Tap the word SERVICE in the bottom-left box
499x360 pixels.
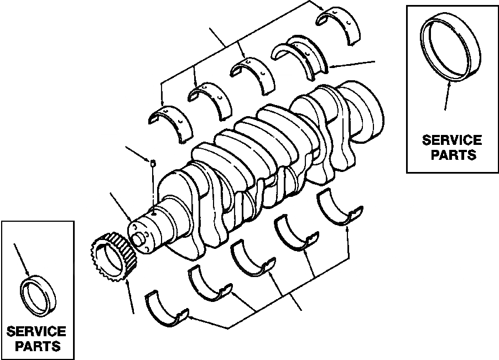(37, 332)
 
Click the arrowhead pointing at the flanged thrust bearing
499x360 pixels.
(331, 68)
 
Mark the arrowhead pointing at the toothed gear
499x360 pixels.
(128, 283)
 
